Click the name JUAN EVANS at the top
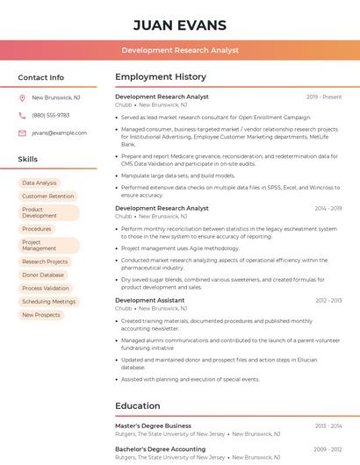pos(180,24)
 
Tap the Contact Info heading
pos(41,77)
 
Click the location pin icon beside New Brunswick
pos(22,98)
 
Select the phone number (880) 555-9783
pos(51,116)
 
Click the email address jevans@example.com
pos(60,133)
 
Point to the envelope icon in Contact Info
pos(22,133)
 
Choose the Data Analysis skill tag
pos(40,183)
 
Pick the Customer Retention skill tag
pos(48,197)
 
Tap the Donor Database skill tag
pos(43,275)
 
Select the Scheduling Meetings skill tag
pos(49,301)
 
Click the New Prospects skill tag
pos(41,314)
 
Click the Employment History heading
pos(161,77)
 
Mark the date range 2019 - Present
pos(324,97)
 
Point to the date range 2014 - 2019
pos(328,209)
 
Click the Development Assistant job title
pos(150,300)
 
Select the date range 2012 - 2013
pos(328,301)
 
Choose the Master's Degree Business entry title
pos(154,426)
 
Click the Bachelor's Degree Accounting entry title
pos(161,449)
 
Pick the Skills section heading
pos(28,160)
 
